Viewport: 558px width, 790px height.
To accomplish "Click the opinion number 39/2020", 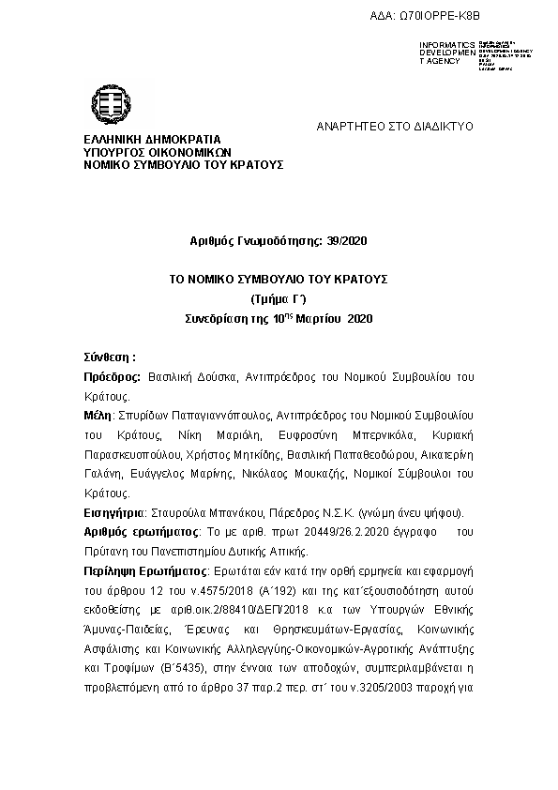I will tap(346, 241).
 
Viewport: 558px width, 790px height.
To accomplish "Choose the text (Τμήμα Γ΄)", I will tap(279, 300).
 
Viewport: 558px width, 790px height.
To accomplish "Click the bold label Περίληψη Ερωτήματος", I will tap(144, 571).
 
